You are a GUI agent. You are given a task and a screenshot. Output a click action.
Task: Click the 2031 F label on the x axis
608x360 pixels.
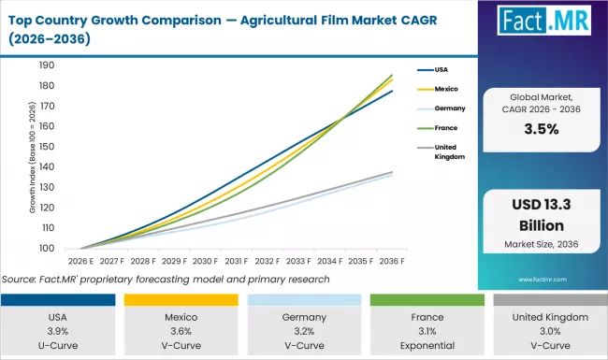235,261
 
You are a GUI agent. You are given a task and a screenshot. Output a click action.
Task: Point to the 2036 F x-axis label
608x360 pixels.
392,261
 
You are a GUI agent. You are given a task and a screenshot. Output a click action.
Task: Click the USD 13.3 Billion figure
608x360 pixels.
542,217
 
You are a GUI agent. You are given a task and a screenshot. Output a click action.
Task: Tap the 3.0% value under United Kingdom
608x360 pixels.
548,331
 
